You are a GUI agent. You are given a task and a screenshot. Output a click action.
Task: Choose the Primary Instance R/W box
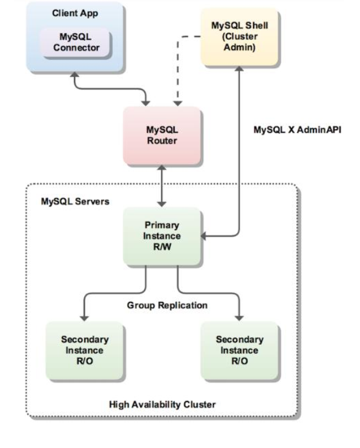pyautogui.click(x=163, y=236)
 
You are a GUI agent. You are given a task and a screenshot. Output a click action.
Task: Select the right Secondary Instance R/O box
pyautogui.click(x=239, y=350)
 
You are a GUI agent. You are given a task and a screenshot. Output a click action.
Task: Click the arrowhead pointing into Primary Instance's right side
pyautogui.click(x=204, y=237)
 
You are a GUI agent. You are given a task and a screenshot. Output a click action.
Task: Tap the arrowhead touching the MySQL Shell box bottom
pyautogui.click(x=239, y=68)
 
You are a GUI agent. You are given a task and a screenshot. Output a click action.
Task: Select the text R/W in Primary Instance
pyautogui.click(x=163, y=246)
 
